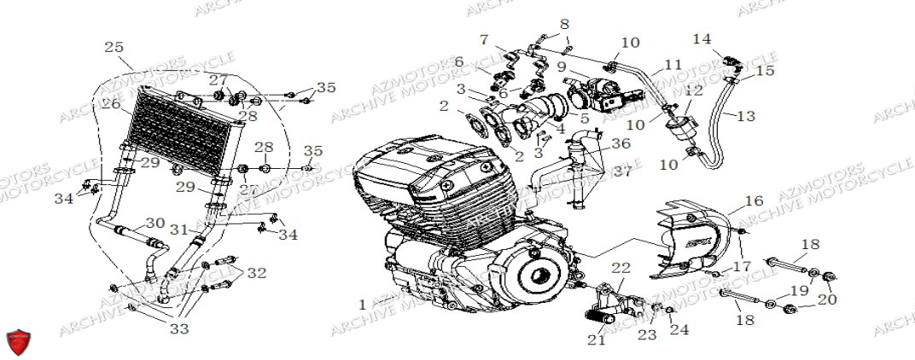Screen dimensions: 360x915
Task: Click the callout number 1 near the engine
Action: (363, 304)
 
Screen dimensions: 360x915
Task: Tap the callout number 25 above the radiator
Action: (114, 46)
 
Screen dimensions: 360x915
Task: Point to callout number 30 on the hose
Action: (154, 223)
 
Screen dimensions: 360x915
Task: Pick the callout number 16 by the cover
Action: (754, 200)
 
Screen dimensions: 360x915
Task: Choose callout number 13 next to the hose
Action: (746, 115)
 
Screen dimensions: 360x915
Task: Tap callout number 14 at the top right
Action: (702, 39)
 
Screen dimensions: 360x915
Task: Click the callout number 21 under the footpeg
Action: (597, 340)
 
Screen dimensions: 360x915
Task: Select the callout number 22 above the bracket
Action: (621, 269)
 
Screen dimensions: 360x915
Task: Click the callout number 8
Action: (563, 23)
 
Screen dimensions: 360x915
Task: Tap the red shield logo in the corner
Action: (18, 340)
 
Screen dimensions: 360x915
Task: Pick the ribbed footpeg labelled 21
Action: (594, 317)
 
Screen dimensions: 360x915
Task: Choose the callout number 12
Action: (692, 90)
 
